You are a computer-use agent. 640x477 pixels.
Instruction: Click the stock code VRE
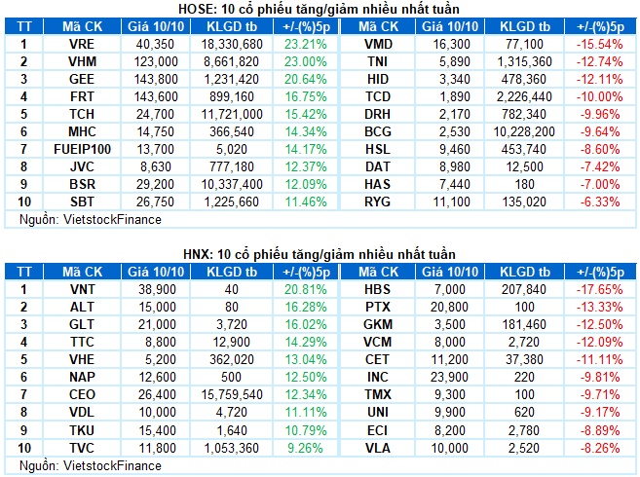click(82, 44)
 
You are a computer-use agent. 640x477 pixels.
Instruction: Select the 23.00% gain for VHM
click(306, 61)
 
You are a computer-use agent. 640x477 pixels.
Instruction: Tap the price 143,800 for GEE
click(156, 79)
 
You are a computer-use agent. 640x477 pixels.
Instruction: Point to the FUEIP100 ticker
click(82, 149)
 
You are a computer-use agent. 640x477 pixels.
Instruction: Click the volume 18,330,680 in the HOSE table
click(232, 44)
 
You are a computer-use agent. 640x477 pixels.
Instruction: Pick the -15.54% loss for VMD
click(600, 44)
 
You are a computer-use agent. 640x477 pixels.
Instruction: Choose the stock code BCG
click(378, 131)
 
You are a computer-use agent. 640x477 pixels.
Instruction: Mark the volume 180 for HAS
click(524, 184)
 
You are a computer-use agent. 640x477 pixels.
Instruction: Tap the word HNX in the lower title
click(197, 255)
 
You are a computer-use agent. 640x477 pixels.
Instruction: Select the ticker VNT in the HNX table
click(82, 290)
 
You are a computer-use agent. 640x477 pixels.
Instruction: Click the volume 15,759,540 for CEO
click(232, 394)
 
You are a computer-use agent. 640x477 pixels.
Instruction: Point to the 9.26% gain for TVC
click(305, 448)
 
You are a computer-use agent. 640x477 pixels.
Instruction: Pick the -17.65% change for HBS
click(600, 290)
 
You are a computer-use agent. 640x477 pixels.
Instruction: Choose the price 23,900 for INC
click(449, 377)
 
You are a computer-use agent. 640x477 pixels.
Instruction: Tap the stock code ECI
click(378, 430)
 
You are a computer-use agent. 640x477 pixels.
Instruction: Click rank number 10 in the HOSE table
click(24, 202)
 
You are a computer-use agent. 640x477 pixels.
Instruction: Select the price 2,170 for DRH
click(455, 114)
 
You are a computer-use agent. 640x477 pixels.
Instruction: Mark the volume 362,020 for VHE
click(232, 359)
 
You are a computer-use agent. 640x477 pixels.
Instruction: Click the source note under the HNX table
click(91, 466)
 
